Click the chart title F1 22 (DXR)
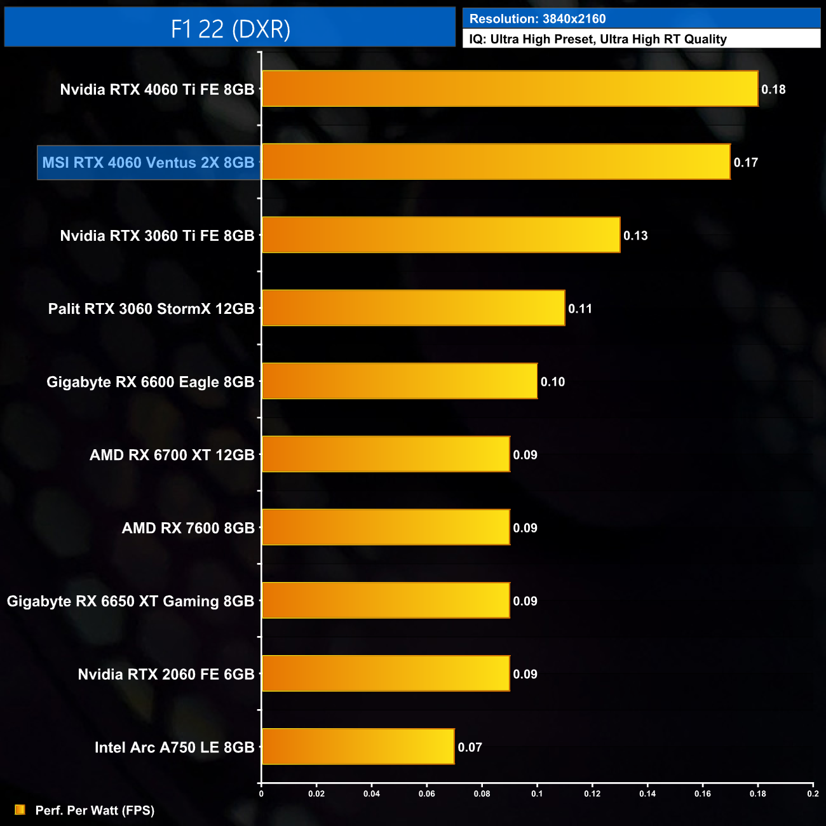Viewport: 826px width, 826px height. pos(230,29)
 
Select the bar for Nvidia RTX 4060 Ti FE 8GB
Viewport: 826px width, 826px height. pos(510,89)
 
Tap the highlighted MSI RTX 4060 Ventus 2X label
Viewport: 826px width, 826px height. pos(148,163)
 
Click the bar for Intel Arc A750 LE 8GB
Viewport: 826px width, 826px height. pos(358,747)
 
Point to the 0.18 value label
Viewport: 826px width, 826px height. pos(773,90)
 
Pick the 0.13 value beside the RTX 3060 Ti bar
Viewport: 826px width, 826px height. pos(635,236)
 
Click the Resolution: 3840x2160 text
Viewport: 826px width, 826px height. pos(538,19)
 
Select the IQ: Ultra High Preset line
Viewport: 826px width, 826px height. pos(598,39)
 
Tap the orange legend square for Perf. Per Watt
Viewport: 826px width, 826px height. pos(20,809)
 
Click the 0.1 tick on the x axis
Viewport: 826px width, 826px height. pos(537,794)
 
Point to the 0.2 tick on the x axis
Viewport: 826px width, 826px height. pos(813,794)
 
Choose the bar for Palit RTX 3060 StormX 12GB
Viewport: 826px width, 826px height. pos(413,308)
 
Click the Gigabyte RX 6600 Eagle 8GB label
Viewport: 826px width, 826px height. pos(150,382)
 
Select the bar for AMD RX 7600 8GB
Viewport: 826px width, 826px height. pos(386,527)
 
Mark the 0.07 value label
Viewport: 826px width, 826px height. pos(470,747)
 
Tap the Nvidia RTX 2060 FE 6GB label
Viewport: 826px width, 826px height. pos(166,674)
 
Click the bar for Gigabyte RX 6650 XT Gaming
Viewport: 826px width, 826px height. pos(386,600)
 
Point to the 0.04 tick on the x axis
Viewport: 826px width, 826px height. pos(372,794)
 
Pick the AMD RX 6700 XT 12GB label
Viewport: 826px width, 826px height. pos(172,455)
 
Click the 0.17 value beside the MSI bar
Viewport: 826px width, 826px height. pos(745,163)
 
